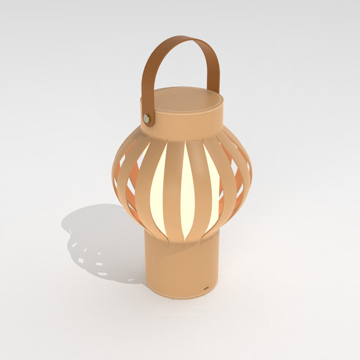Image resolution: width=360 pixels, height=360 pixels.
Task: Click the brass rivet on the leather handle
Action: pos(147,118)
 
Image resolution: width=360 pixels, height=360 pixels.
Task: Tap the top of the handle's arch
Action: pos(182,40)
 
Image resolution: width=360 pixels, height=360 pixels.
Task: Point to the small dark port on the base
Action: pos(207,286)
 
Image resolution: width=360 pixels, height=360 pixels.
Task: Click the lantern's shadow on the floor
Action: pos(99,243)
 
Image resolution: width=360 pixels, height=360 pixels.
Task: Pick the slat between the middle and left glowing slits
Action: pos(173,189)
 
